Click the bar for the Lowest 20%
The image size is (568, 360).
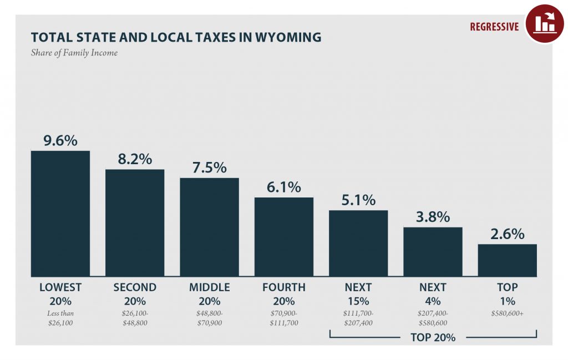[x=60, y=214]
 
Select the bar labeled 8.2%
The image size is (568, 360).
[x=135, y=222]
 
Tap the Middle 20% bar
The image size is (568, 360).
[x=209, y=227]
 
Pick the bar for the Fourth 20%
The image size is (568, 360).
[x=283, y=237]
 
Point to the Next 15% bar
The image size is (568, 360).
[x=358, y=243]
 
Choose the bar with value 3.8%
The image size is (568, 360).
[x=433, y=251]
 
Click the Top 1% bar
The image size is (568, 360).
[x=507, y=260]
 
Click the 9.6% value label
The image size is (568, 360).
[x=60, y=141]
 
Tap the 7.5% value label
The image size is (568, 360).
[x=209, y=168]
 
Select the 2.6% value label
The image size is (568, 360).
[x=507, y=234]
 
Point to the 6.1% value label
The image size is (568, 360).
[x=283, y=187]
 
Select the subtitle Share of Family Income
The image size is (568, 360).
[x=74, y=53]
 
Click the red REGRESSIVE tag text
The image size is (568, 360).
[x=494, y=27]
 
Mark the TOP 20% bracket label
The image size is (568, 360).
[x=433, y=337]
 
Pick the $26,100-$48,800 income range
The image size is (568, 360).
[x=135, y=318]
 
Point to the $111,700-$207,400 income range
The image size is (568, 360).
[x=358, y=318]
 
